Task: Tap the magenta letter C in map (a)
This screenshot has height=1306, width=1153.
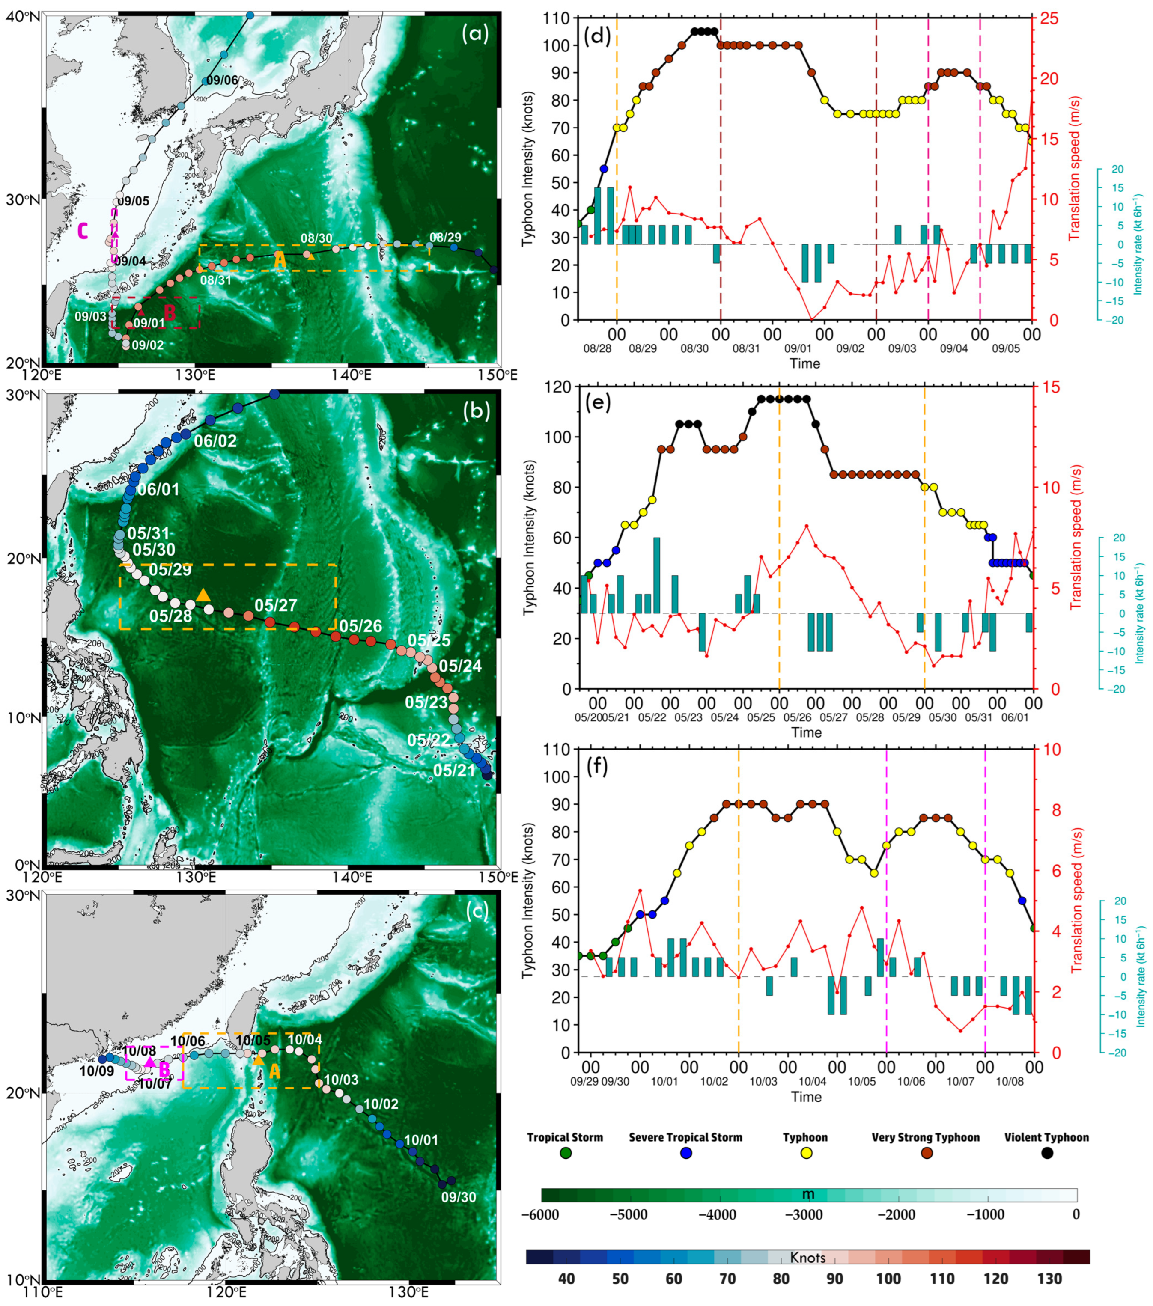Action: point(83,231)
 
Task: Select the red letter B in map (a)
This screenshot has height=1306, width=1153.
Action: point(170,313)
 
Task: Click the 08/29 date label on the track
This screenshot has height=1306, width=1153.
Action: point(445,237)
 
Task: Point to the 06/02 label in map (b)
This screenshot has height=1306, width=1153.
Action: point(215,441)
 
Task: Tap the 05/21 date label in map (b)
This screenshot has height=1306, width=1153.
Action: point(454,771)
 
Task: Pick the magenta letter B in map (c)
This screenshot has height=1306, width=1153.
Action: point(164,1069)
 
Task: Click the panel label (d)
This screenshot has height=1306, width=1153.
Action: point(598,36)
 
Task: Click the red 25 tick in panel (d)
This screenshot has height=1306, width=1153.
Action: point(1049,18)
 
